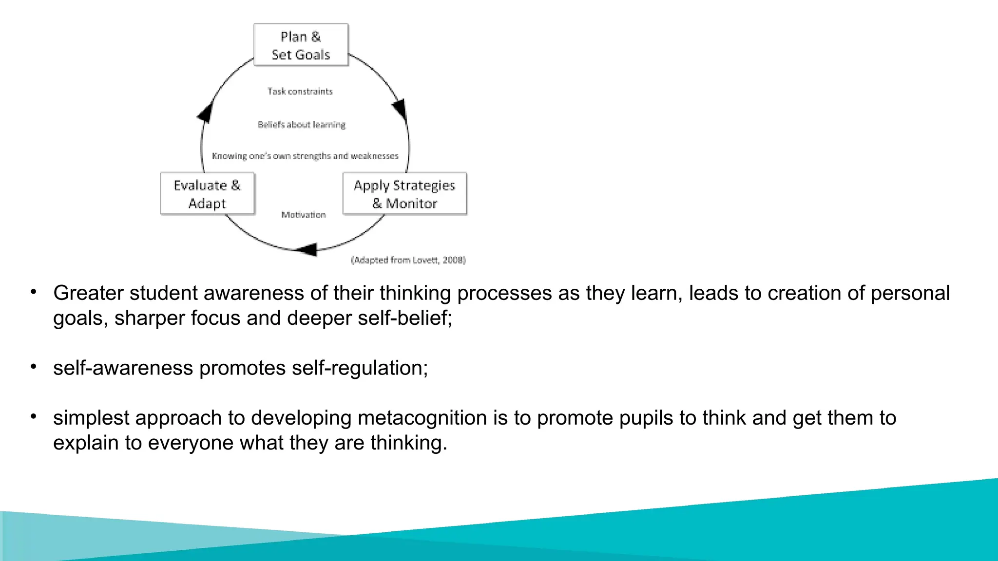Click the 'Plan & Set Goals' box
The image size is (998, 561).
[301, 45]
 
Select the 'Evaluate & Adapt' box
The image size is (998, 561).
[207, 194]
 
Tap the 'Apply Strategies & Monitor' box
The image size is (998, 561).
[404, 194]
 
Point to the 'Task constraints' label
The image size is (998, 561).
[300, 92]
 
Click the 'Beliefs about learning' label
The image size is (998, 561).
[302, 125]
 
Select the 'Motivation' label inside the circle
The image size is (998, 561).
[303, 215]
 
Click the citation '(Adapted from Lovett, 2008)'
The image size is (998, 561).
[408, 260]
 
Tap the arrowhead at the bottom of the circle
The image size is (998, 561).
[307, 250]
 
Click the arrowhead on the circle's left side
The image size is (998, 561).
[205, 112]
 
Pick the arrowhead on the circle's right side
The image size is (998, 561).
[400, 109]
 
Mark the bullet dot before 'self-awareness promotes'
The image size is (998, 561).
[34, 367]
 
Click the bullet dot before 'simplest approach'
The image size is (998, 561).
[34, 417]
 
